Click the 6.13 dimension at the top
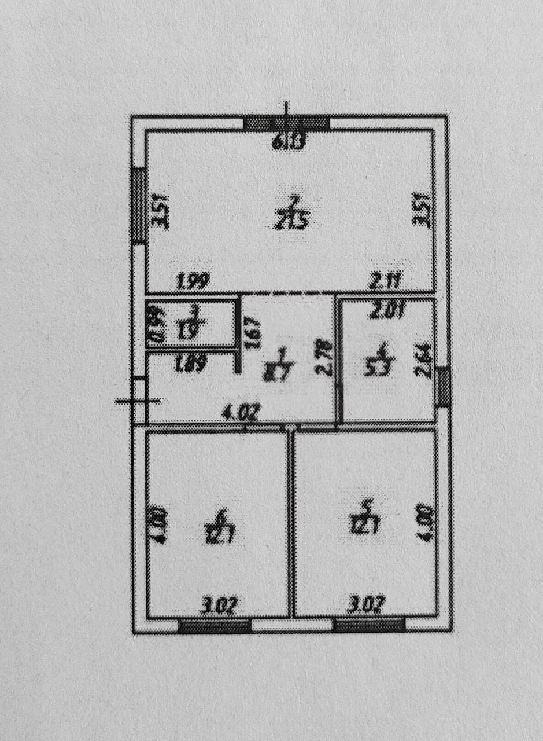287,141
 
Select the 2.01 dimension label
386,313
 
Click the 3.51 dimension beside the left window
164,212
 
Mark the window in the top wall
286,123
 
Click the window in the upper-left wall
139,206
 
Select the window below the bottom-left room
214,626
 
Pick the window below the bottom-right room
369,625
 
